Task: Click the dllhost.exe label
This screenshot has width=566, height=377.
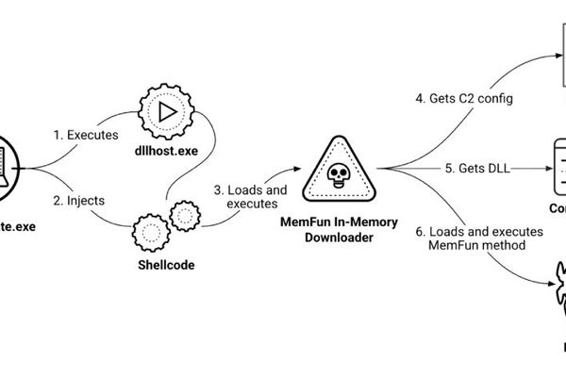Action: pos(165,135)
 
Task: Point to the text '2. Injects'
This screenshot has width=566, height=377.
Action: pos(79,200)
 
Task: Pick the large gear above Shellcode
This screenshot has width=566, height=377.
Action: pos(152,231)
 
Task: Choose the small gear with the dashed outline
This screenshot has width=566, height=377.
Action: pos(183,216)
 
